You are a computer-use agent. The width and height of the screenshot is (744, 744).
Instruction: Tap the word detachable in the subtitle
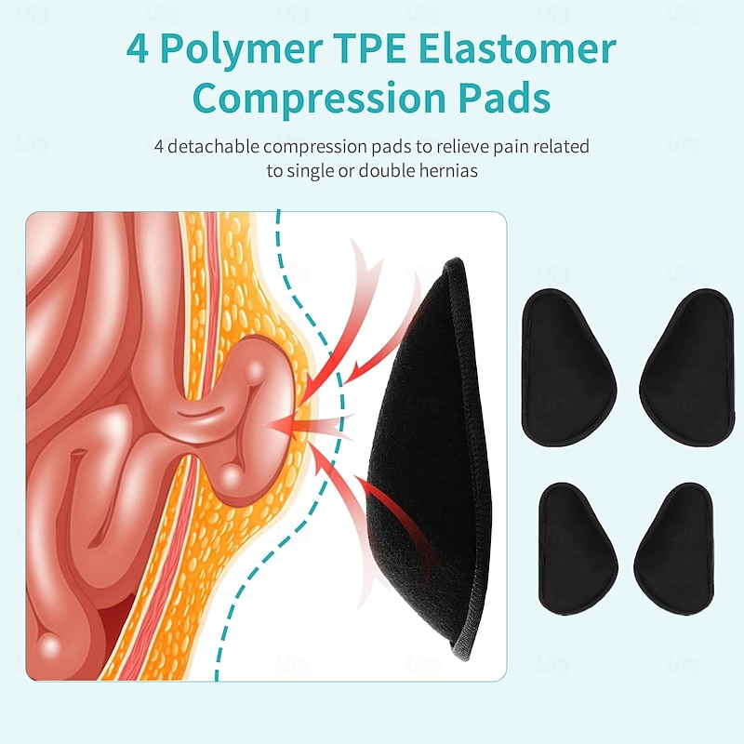click(211, 147)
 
